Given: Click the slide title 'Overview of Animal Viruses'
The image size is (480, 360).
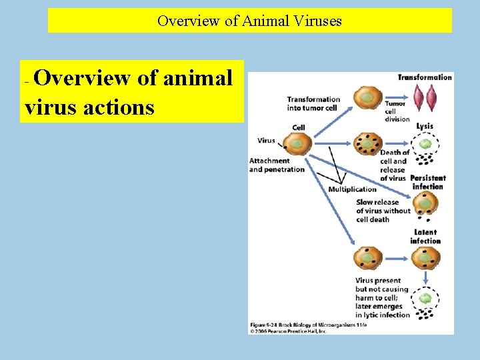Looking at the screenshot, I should click(x=249, y=21).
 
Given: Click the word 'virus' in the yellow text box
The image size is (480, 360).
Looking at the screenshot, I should click(x=51, y=107).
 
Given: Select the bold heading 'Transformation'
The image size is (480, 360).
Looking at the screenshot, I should click(x=425, y=77).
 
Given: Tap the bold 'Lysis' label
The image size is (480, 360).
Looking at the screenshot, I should click(x=425, y=126).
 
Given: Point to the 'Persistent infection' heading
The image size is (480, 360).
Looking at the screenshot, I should click(x=427, y=182).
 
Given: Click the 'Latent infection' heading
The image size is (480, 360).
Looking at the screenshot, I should click(x=425, y=237).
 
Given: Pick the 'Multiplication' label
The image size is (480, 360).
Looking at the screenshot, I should click(x=353, y=189).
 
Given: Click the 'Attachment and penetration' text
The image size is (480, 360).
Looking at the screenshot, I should click(x=277, y=165).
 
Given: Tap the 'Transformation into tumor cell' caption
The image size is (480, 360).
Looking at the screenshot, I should click(x=313, y=103).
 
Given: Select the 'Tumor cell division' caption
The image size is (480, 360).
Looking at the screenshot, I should click(x=398, y=111).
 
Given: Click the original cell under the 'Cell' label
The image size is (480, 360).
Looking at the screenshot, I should click(x=297, y=143).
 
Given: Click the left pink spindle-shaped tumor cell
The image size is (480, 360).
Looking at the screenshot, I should click(x=419, y=98).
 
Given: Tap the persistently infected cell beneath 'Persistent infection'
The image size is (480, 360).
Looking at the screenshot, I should click(x=425, y=203).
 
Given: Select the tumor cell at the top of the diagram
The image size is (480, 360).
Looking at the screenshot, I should click(x=367, y=98).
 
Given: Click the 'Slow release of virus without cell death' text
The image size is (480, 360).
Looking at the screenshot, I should click(x=383, y=211).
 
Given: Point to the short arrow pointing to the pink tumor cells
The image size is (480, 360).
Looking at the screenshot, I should click(x=398, y=98).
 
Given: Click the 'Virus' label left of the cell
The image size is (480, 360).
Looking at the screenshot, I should click(x=266, y=141).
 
